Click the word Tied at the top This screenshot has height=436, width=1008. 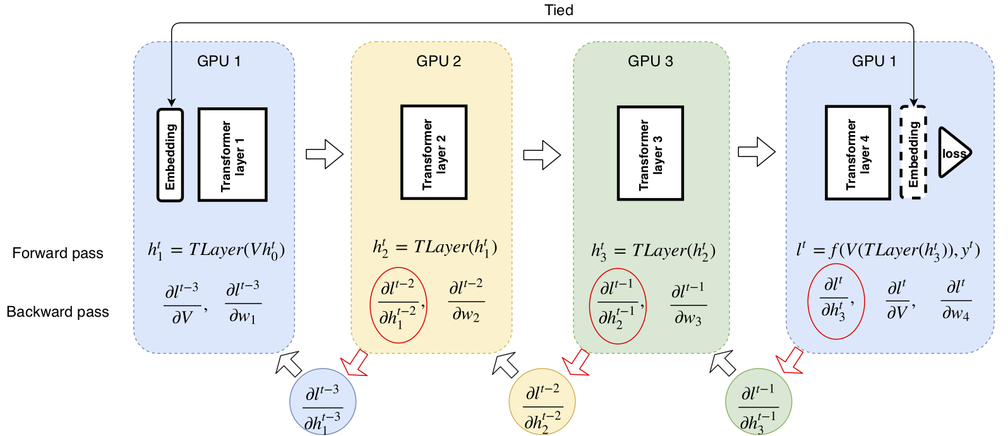click(559, 10)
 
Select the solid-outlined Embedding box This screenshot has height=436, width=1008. click(170, 155)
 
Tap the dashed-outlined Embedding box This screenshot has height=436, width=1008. click(913, 152)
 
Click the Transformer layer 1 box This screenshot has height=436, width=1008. click(232, 155)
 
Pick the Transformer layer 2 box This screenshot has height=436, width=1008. click(434, 152)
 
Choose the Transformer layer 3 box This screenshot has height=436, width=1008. click(651, 153)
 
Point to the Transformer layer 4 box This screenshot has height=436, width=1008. click(858, 153)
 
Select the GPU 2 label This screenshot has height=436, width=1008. click(438, 61)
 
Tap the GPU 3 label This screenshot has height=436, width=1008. click(651, 61)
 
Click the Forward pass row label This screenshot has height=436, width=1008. click(57, 253)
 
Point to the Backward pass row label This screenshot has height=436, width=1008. click(57, 312)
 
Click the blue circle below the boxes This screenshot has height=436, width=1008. click(323, 401)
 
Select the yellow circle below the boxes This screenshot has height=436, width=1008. click(543, 401)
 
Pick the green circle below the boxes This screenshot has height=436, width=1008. click(759, 401)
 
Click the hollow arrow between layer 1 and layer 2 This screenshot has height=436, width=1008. click(325, 154)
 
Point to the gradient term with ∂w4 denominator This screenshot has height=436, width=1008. click(956, 300)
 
